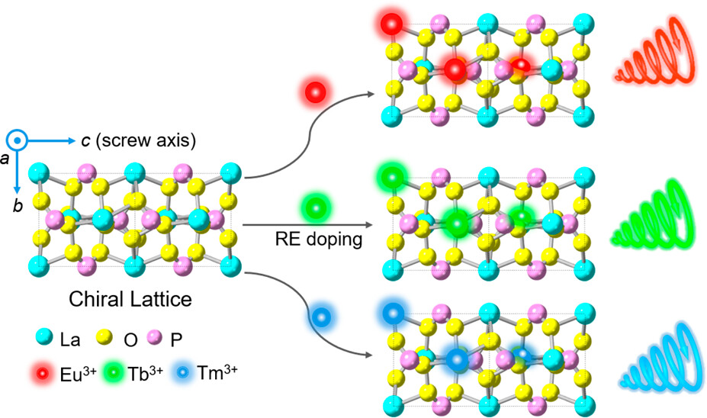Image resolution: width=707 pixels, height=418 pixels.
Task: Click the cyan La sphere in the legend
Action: [43, 336]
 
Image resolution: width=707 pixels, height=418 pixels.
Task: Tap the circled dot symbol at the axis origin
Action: [17, 140]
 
